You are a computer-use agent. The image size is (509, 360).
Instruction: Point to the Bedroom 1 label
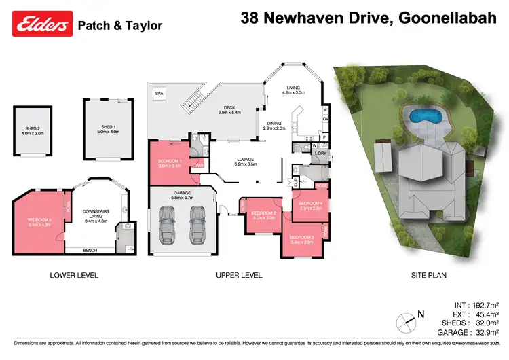tap(170, 163)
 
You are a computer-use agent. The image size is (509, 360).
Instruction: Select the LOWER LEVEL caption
tap(74, 276)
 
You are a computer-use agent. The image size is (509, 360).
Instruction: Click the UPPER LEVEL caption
tap(239, 276)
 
